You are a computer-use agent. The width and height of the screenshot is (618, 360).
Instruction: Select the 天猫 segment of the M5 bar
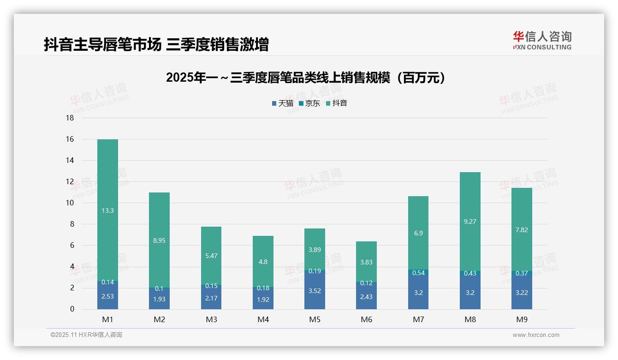pos(315,291)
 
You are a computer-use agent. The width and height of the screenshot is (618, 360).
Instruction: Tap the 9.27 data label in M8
pos(470,222)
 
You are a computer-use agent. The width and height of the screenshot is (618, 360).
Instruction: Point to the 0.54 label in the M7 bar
pos(418,273)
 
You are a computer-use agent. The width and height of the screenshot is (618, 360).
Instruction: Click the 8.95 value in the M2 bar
pos(159,240)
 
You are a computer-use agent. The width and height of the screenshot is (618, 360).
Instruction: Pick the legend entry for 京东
pos(309,103)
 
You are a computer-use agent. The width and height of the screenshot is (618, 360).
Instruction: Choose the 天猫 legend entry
pos(283,103)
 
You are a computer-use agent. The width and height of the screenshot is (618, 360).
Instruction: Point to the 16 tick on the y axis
pos(70,139)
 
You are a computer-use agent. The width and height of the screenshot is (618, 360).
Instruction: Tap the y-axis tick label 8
pos(71,224)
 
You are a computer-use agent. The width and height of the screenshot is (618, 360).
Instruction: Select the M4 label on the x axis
pos(263,319)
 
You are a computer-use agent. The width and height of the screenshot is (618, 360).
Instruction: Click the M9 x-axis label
pos(522,319)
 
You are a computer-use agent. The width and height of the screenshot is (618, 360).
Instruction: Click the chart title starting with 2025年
pos(306,78)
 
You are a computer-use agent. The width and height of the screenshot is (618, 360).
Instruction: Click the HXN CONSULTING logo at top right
pos(542,41)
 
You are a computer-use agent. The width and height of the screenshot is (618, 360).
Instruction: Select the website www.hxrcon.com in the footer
pos(535,335)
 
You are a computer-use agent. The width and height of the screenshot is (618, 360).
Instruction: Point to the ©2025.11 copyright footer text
pos(86,335)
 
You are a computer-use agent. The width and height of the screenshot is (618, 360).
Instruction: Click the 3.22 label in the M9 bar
pos(522,292)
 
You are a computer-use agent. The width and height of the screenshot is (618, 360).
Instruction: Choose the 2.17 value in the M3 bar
pos(211,298)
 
